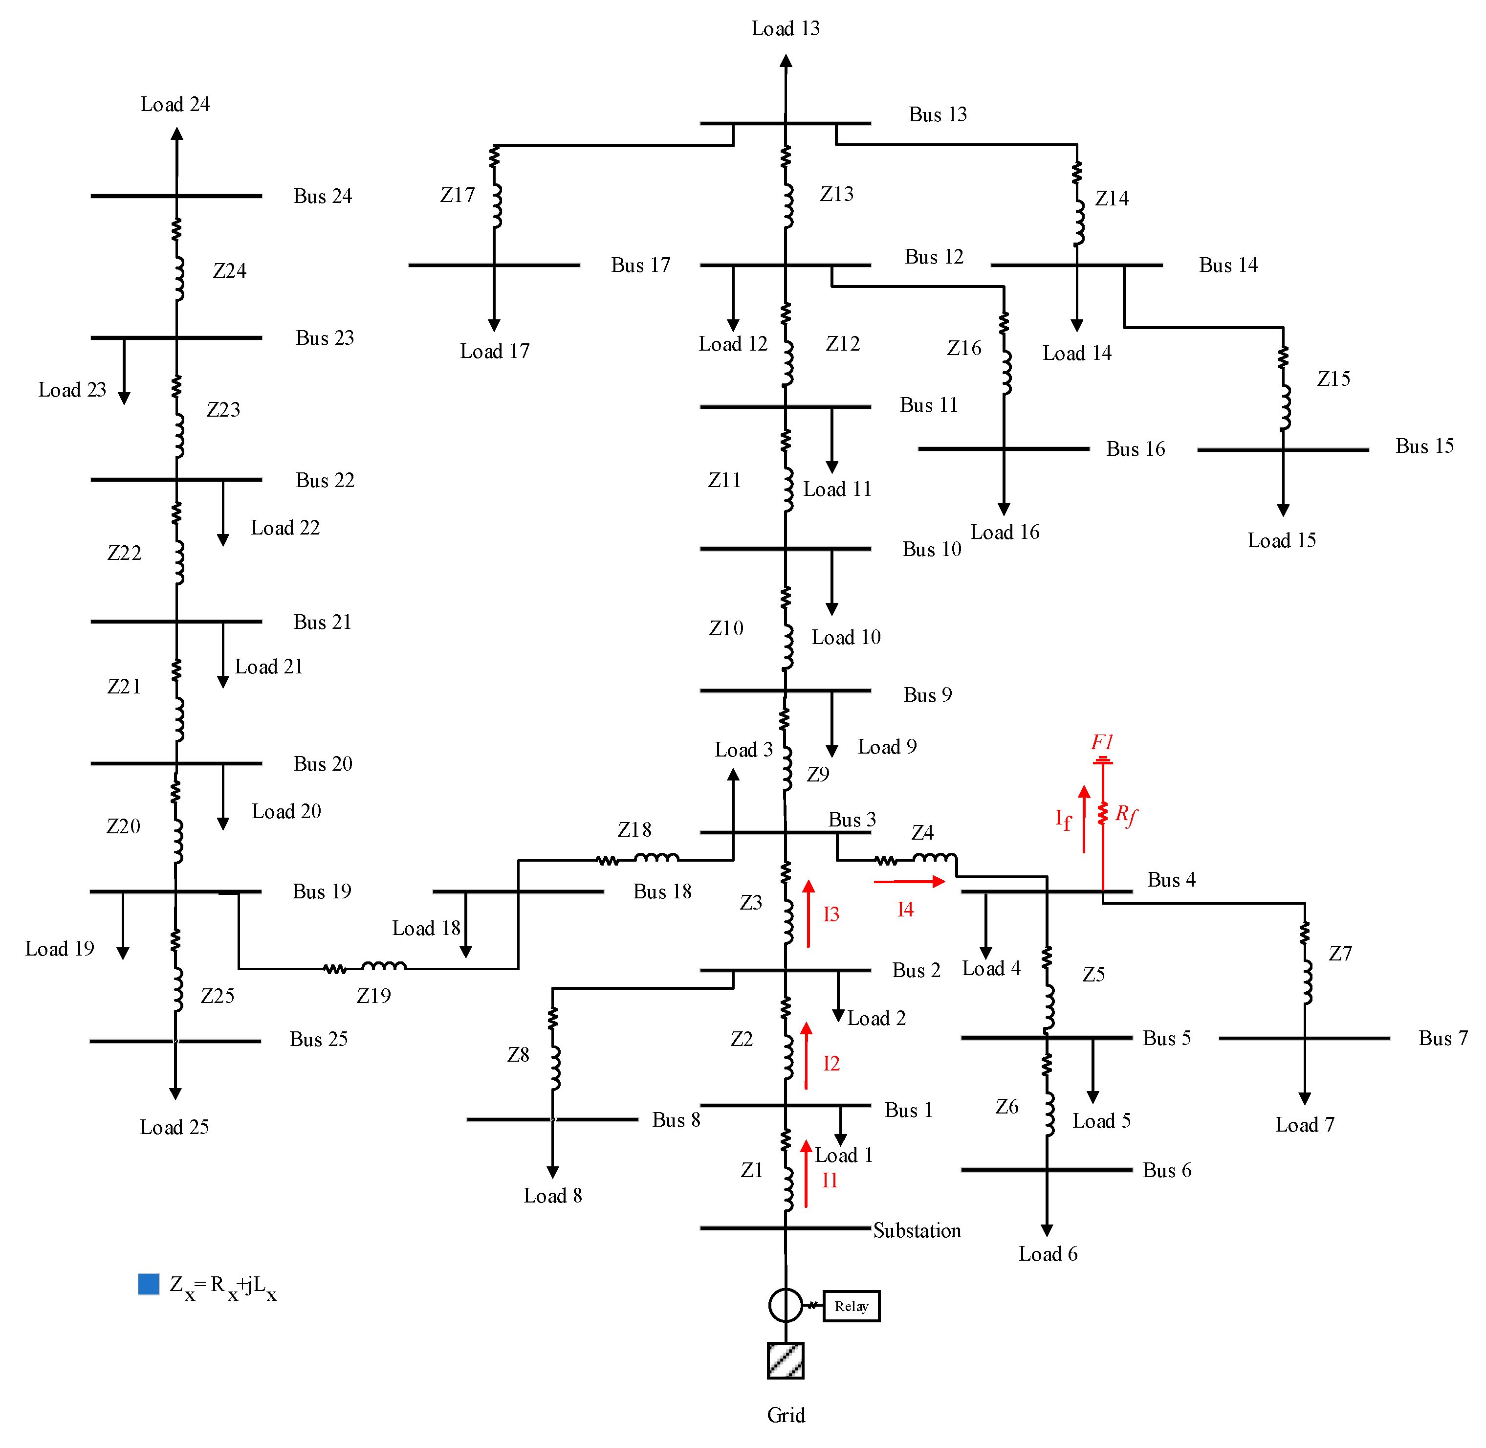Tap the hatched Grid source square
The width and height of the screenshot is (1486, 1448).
click(785, 1360)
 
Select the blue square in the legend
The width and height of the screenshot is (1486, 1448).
click(148, 1284)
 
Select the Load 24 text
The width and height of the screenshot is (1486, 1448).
click(175, 104)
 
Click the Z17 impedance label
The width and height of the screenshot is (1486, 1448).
click(457, 196)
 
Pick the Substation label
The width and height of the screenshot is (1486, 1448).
click(917, 1230)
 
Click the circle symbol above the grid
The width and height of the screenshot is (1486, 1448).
click(785, 1306)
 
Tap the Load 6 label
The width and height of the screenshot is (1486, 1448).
click(1048, 1254)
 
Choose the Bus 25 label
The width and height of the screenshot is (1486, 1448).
click(319, 1039)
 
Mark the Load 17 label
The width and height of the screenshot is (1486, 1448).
click(494, 351)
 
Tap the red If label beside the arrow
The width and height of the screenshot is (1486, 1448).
click(1063, 819)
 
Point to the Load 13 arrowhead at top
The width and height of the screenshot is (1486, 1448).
click(786, 61)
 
